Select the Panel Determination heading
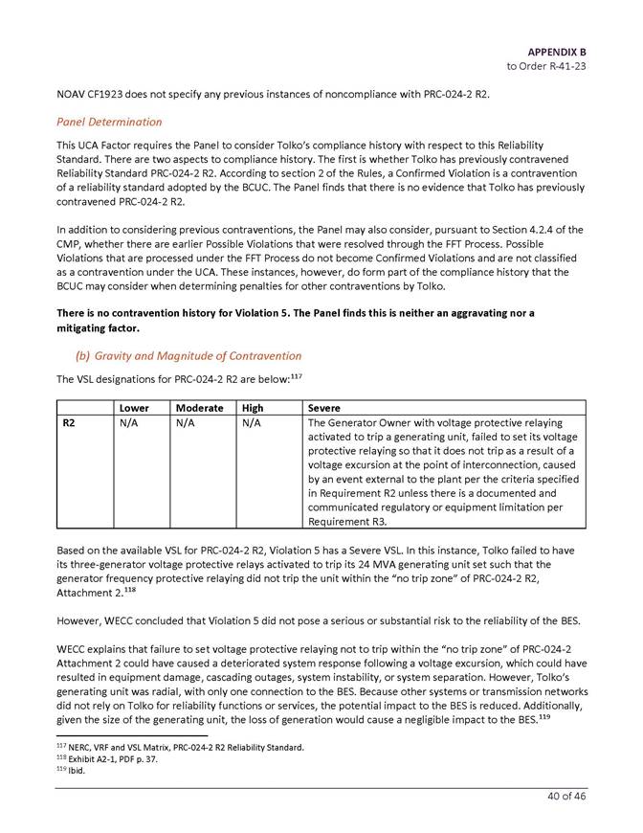[109, 122]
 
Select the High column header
[253, 407]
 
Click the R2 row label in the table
[69, 422]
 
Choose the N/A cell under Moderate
[189, 422]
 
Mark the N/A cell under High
[253, 422]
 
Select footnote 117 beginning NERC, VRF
[181, 746]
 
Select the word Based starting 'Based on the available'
[72, 552]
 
